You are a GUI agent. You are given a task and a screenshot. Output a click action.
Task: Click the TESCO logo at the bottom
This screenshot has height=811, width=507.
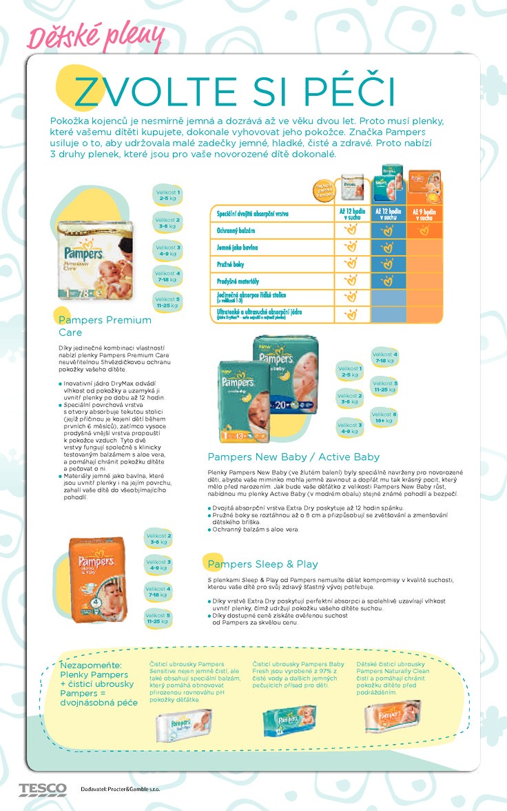click(43, 788)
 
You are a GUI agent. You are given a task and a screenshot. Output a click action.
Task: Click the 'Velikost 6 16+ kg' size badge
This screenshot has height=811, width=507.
click(384, 417)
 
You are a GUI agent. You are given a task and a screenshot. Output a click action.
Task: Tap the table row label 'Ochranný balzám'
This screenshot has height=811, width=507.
click(238, 230)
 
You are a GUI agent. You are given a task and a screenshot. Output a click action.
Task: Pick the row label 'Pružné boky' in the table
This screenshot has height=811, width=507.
click(231, 263)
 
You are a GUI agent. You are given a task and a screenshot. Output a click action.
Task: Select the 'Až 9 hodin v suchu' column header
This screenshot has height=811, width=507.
click(424, 213)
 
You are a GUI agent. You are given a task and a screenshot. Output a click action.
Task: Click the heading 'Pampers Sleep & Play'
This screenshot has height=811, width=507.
click(262, 564)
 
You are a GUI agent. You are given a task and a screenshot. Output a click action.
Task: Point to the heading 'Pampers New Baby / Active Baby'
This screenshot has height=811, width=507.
click(293, 457)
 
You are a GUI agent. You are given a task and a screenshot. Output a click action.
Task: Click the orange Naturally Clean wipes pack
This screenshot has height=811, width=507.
click(393, 717)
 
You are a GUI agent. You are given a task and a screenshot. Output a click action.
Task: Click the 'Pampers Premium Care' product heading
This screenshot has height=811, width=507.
click(105, 326)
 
